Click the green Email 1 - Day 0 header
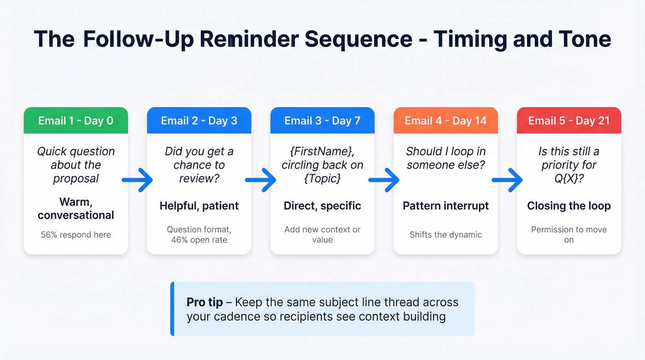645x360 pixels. tap(76, 121)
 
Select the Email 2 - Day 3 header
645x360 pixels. tap(199, 121)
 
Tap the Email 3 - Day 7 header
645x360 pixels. tap(322, 121)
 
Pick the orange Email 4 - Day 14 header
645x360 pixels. tap(446, 121)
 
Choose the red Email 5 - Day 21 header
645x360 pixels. tap(569, 121)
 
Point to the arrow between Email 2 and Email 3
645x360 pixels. tap(261, 180)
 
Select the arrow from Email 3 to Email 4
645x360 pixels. tap(384, 180)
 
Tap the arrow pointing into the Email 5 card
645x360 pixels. tap(507, 180)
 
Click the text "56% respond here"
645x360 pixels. tap(76, 235)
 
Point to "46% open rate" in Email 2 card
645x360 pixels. tap(199, 240)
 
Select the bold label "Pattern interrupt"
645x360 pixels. tap(446, 206)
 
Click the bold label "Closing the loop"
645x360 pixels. tap(569, 206)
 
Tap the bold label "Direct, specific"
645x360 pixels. tap(322, 206)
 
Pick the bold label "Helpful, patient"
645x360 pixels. tap(199, 206)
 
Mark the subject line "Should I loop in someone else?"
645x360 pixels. tap(446, 158)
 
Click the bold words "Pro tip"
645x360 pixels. tap(205, 302)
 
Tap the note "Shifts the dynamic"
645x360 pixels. tap(446, 235)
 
